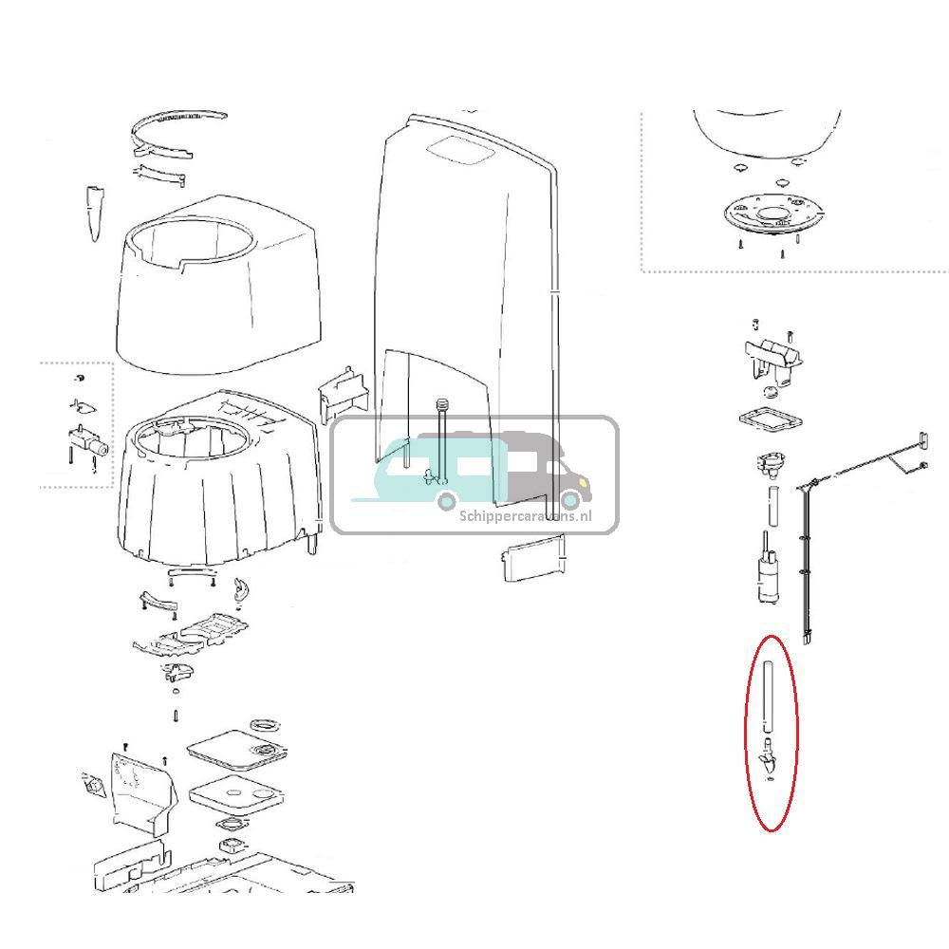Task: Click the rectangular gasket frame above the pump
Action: point(767,420)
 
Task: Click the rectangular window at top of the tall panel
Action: point(458,149)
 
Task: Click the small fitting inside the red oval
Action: point(769,759)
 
